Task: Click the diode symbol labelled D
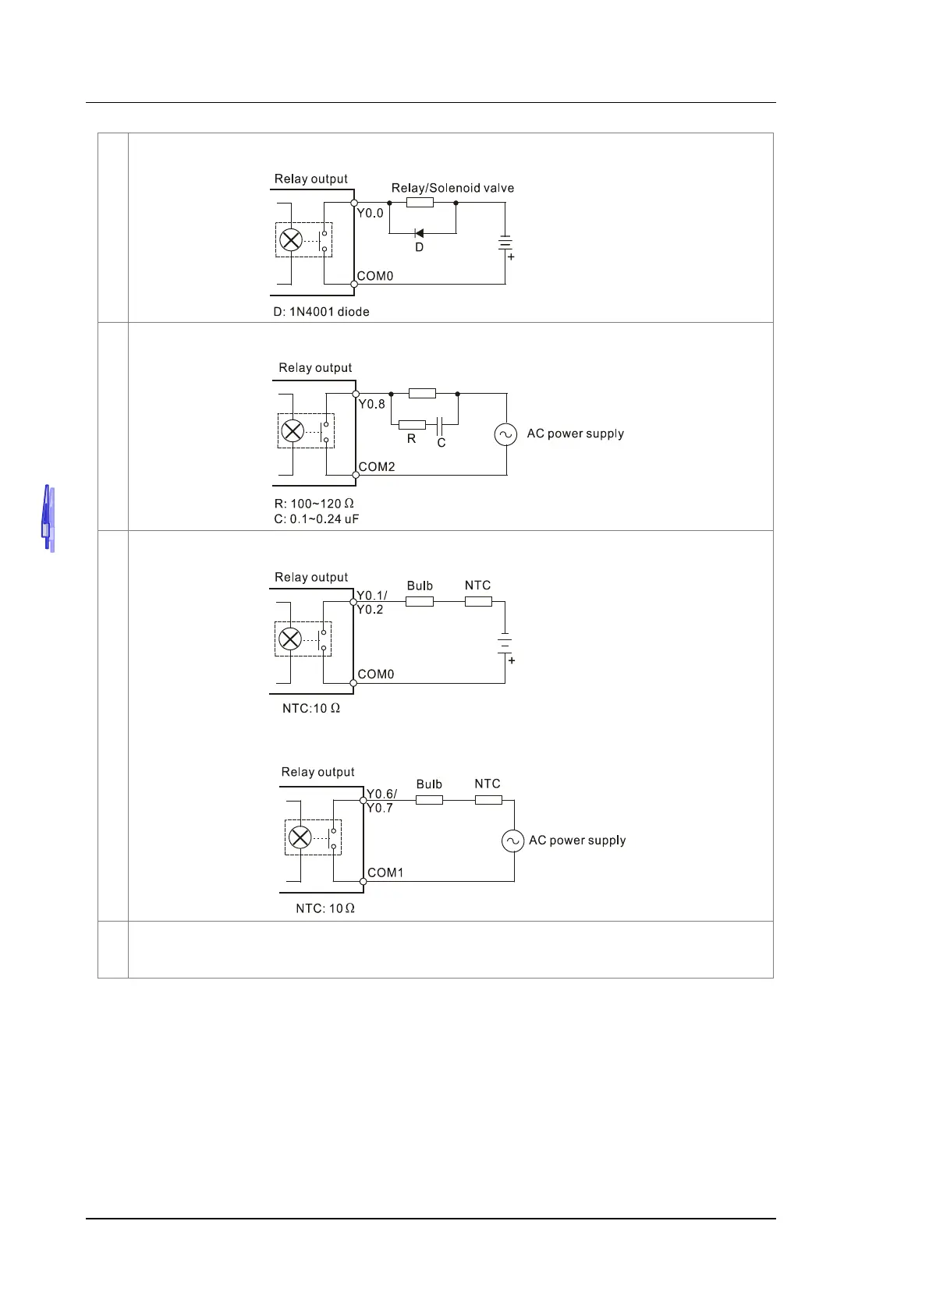(x=419, y=233)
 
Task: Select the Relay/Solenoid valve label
(x=452, y=188)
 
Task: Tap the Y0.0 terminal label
(x=371, y=213)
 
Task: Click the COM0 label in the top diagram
(x=375, y=276)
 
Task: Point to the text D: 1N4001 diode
(x=321, y=312)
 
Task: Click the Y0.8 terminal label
(x=372, y=404)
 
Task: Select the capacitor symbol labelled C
(x=440, y=425)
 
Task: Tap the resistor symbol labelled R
(x=412, y=425)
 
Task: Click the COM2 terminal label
(x=377, y=467)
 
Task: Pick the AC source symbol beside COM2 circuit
(x=506, y=434)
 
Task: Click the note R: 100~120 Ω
(x=314, y=504)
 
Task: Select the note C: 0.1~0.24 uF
(x=317, y=519)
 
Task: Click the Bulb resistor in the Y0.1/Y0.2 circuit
(x=420, y=601)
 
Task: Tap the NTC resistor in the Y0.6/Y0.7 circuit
(x=488, y=800)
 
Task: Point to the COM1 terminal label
(x=385, y=872)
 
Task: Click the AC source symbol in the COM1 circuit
(x=512, y=841)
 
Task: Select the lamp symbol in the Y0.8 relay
(x=293, y=430)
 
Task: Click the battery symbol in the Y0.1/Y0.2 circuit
(x=505, y=643)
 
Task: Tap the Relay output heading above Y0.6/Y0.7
(x=317, y=772)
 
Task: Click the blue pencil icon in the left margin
(x=48, y=518)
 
